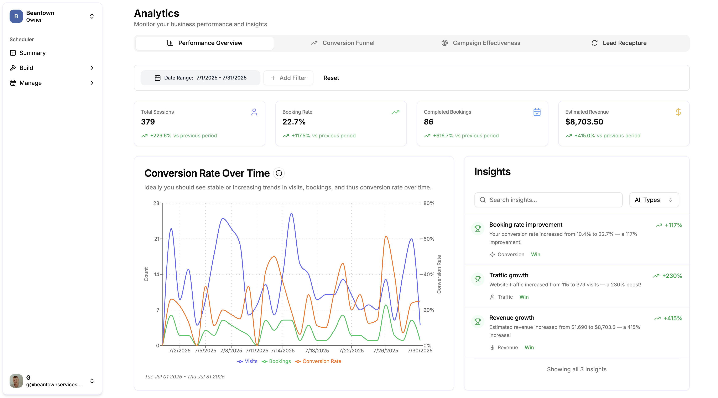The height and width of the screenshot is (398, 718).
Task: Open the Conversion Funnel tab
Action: (343, 43)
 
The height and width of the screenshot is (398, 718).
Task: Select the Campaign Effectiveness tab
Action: (481, 43)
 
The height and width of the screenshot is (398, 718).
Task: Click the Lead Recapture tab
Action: (619, 43)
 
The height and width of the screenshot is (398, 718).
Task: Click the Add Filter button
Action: (288, 78)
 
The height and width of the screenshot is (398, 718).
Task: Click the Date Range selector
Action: (201, 78)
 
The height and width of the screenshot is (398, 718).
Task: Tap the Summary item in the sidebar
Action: (32, 53)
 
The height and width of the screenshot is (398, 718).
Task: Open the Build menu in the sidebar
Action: (26, 68)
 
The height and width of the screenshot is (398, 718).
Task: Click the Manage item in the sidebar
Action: (30, 83)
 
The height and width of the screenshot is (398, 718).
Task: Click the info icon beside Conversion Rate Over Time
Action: (279, 173)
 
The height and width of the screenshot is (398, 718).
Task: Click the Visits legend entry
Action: (248, 361)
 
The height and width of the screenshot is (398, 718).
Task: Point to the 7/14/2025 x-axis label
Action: (283, 351)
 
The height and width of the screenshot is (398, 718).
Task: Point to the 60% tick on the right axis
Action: (429, 239)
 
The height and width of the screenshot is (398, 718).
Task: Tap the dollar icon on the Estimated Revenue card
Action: (678, 112)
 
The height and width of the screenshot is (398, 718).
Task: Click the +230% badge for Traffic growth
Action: (668, 276)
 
